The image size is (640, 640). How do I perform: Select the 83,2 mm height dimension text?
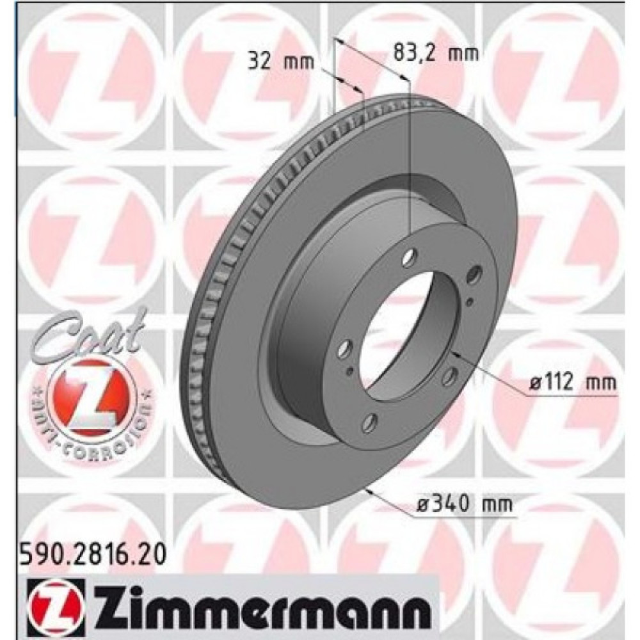[435, 53]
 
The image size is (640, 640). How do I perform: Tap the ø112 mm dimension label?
[573, 383]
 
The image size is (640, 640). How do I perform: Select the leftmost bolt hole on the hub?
[344, 349]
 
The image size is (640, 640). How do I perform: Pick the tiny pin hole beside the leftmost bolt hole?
[350, 370]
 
